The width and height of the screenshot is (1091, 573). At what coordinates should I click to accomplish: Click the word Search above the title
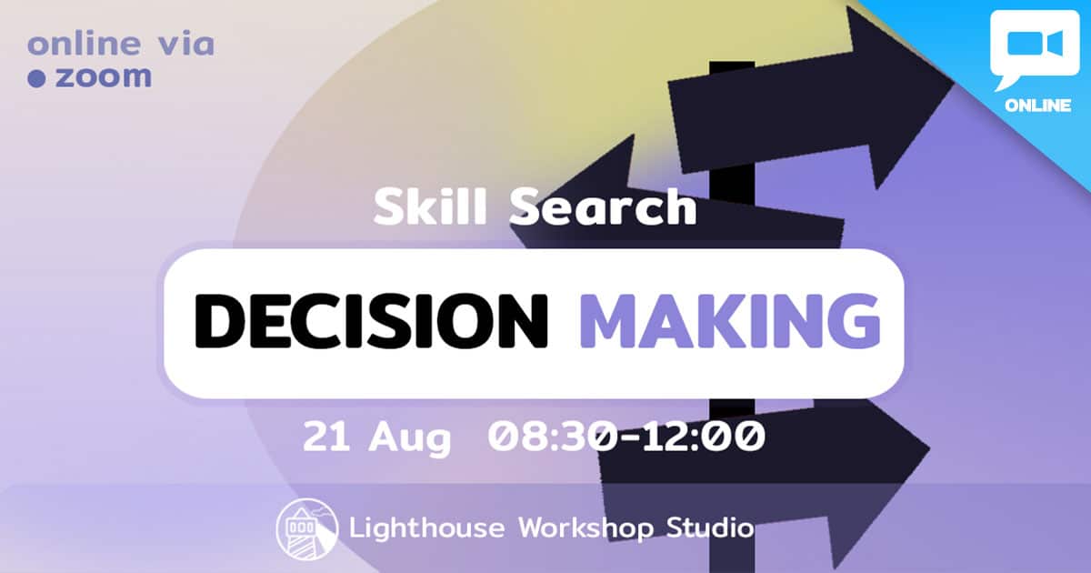[603, 207]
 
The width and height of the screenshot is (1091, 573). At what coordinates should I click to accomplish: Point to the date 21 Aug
[377, 437]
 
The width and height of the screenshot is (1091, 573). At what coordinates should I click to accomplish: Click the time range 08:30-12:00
[626, 436]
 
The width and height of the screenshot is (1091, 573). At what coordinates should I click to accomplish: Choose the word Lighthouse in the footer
[426, 528]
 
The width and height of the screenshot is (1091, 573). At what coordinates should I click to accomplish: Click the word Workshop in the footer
[586, 528]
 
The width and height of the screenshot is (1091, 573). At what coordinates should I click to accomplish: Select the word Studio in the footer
[710, 528]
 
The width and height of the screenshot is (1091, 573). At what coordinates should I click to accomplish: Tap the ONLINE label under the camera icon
[1037, 106]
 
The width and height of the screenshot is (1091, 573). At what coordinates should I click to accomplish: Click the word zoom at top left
[104, 77]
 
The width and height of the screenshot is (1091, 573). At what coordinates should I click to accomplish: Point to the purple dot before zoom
[36, 78]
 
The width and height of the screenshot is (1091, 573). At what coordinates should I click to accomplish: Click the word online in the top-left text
[84, 44]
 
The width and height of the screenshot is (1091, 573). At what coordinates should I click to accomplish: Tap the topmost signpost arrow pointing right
[808, 102]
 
